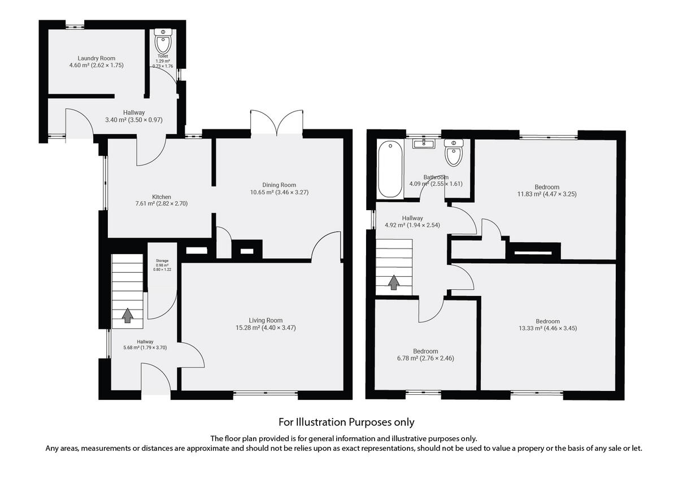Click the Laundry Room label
96,58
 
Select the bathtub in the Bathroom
390,169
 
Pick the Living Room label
266,320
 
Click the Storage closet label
162,261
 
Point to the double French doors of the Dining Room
277,123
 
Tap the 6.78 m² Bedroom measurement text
425,358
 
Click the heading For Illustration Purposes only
346,422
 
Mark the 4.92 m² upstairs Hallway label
412,218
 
